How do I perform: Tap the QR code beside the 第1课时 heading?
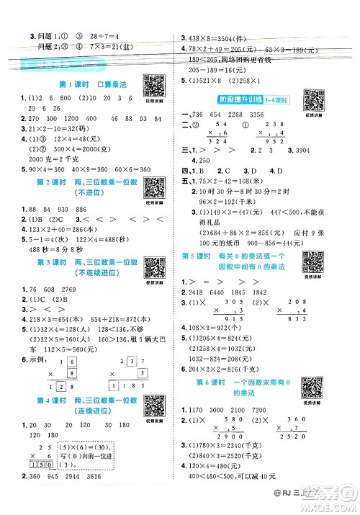click(153, 86)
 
